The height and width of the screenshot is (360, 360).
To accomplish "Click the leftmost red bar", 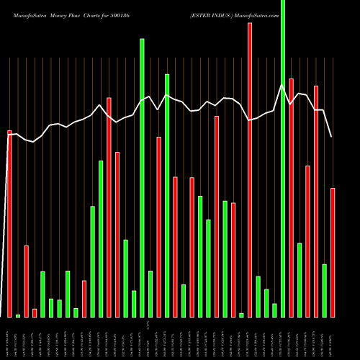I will (9, 223).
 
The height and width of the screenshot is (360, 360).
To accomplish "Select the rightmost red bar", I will (333, 252).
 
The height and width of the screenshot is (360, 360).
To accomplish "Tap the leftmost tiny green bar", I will (18, 315).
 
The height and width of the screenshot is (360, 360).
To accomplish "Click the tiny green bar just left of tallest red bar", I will (241, 315).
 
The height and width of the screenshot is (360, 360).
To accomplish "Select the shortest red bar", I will (35, 312).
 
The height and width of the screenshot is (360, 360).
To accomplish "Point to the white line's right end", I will (332, 137).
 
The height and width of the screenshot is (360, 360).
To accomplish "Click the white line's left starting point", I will (9, 135).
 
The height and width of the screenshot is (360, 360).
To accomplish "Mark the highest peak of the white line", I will (282, 84).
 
